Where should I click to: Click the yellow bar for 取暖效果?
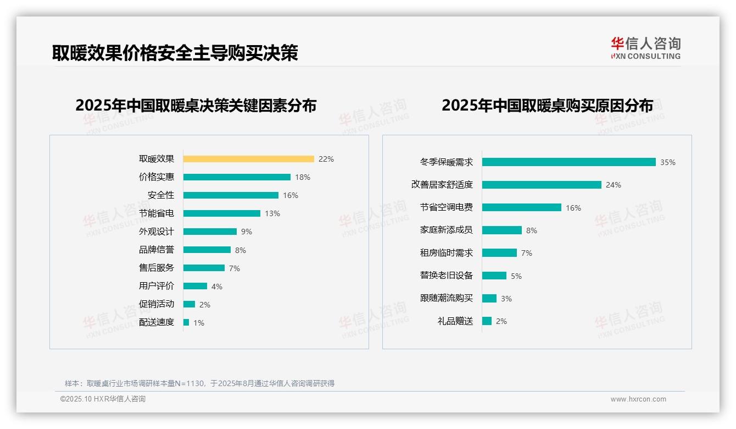pos(248,159)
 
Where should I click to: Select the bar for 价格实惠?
pos(237,177)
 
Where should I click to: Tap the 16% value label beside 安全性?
pos(291,195)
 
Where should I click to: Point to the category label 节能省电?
pos(157,213)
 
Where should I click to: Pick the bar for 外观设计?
pos(210,232)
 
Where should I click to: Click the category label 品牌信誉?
pos(157,250)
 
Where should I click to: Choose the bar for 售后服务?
pos(204,268)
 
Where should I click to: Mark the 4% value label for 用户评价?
pos(216,287)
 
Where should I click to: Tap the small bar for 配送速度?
pos(186,322)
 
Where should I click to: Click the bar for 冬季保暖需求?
pos(569,162)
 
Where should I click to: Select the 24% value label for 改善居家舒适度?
pos(614,185)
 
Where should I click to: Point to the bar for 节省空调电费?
pos(522,207)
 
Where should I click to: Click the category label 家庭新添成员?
pos(447,230)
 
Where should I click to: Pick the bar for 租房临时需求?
pos(499,253)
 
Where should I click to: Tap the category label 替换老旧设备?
pos(447,276)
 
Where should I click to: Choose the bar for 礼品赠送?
pos(487,321)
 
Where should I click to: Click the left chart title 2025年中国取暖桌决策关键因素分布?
pos(196,106)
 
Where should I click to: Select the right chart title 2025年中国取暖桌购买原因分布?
pos(547,106)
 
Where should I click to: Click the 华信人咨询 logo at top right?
pos(645,48)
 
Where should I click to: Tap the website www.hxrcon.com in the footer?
pos(638,399)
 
